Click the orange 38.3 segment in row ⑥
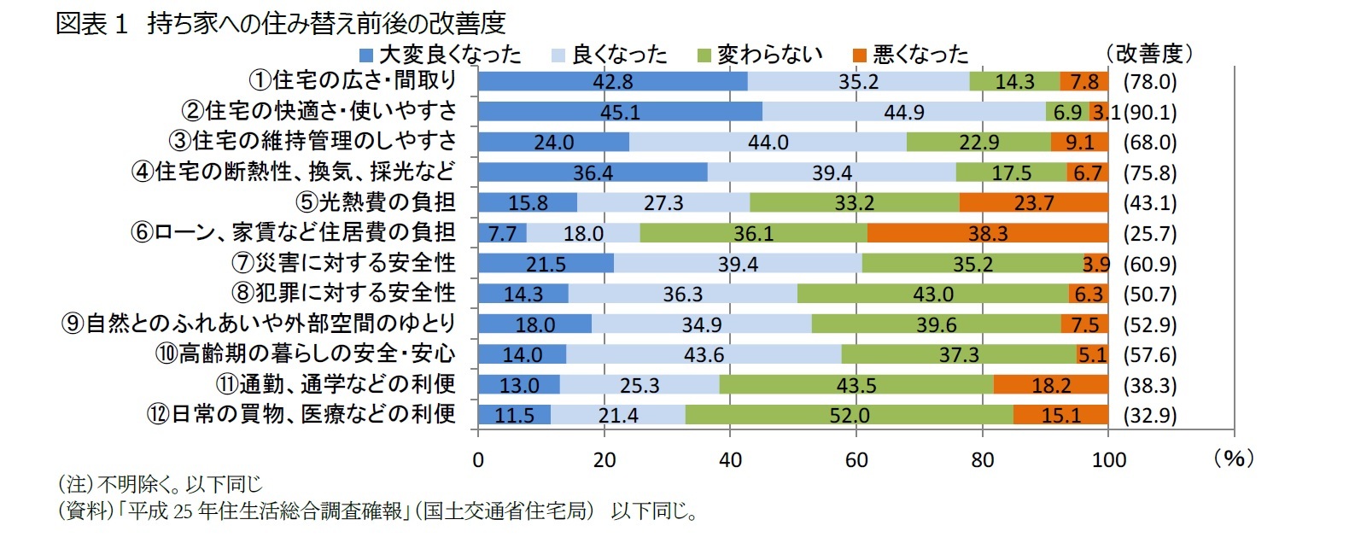click(x=988, y=233)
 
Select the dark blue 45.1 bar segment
click(x=620, y=112)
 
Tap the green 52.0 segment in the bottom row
click(x=849, y=415)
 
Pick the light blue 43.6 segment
click(x=704, y=354)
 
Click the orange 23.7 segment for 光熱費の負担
click(x=1033, y=203)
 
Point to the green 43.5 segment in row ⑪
click(x=856, y=385)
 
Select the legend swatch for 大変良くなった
click(x=366, y=55)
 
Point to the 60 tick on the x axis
click(x=856, y=459)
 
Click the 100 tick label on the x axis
click(x=1108, y=459)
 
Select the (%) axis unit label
click(x=1233, y=458)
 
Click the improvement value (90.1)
click(x=1150, y=112)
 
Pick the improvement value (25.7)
click(x=1150, y=233)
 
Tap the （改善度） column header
click(x=1148, y=53)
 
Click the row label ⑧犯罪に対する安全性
click(x=344, y=293)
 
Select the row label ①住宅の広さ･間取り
click(x=353, y=80)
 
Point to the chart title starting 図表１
click(x=281, y=23)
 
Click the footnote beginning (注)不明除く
click(x=160, y=484)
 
